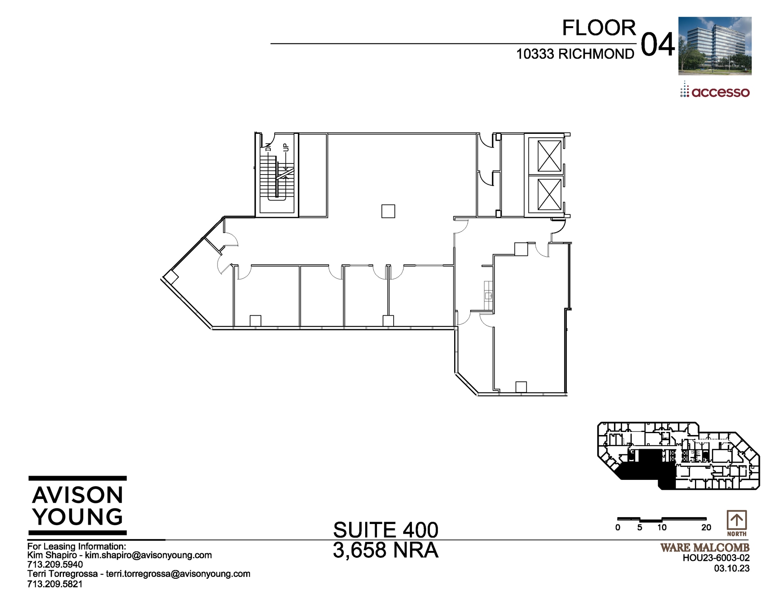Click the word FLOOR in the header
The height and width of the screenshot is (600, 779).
[x=599, y=28]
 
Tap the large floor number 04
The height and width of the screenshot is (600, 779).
[x=658, y=45]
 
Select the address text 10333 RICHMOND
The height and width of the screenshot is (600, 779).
[x=575, y=54]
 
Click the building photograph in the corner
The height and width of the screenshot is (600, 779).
[x=715, y=46]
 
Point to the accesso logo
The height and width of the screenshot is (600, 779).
[x=715, y=91]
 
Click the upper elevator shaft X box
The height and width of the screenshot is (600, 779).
[x=550, y=156]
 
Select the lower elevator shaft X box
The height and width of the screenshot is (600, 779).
[x=550, y=194]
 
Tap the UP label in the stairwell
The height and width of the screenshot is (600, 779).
[x=286, y=147]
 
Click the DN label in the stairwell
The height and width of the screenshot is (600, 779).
[x=268, y=147]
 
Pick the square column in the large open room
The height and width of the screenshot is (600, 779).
[x=388, y=211]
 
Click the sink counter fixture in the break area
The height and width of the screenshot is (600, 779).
[x=488, y=295]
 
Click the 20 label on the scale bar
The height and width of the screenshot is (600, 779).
[x=706, y=528]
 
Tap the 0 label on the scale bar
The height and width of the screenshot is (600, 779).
[x=618, y=528]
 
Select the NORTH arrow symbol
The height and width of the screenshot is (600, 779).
[x=737, y=520]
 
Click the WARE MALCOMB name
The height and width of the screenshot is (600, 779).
[x=705, y=548]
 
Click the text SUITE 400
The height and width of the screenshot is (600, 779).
[x=385, y=530]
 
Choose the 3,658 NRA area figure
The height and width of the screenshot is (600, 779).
[x=385, y=550]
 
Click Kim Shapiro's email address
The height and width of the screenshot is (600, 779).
[x=148, y=555]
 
